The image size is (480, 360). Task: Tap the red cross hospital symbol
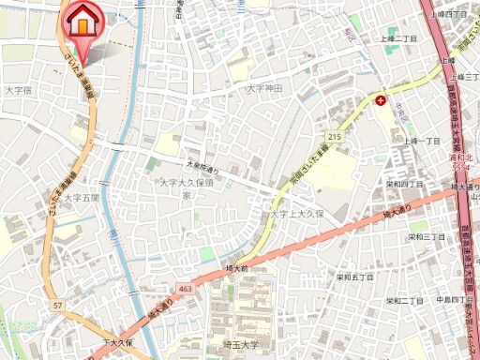tap(381, 98)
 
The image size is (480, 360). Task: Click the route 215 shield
tap(335, 138)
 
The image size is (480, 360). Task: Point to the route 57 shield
tap(58, 307)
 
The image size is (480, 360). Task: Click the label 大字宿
tap(19, 90)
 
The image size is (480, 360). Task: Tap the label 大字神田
tap(264, 88)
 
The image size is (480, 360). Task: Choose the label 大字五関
tap(81, 198)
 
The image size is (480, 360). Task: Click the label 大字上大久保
tap(297, 214)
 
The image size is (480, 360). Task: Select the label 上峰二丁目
tap(397, 38)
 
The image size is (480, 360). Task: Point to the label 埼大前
tap(237, 267)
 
